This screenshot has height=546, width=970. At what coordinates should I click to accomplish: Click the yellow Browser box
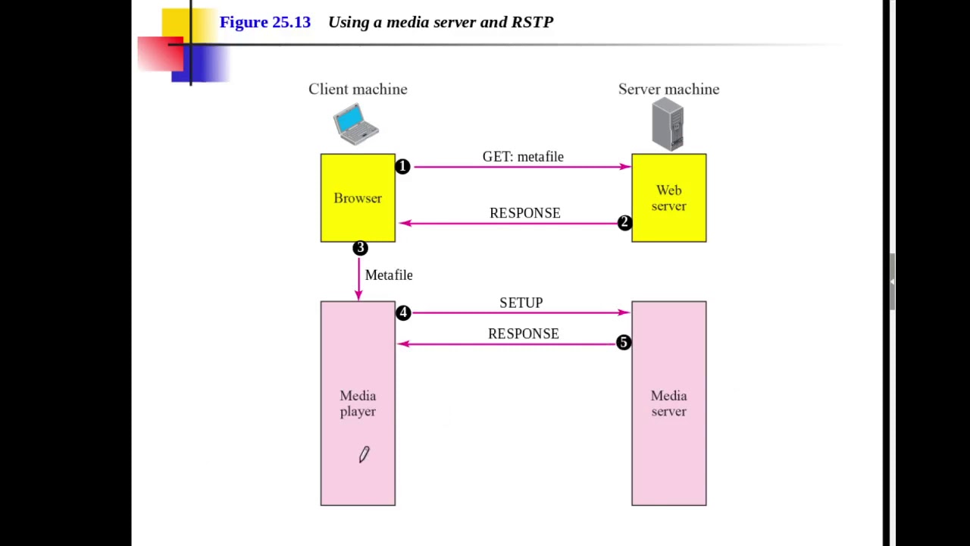(x=358, y=198)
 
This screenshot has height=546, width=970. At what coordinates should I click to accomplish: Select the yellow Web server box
(x=668, y=198)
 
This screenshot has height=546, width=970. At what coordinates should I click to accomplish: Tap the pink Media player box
(x=358, y=403)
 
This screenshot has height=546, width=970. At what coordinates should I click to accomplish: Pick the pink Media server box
(x=668, y=403)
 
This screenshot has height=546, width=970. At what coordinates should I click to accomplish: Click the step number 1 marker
(x=402, y=167)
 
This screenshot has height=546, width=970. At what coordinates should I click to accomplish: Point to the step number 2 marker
(x=624, y=223)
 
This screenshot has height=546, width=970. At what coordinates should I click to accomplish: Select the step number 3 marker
(x=360, y=248)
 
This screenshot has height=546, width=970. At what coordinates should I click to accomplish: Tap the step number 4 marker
(x=403, y=312)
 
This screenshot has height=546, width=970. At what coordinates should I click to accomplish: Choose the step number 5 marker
(x=623, y=343)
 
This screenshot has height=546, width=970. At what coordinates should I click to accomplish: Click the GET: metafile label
(x=523, y=157)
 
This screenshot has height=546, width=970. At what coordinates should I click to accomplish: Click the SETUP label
(x=521, y=303)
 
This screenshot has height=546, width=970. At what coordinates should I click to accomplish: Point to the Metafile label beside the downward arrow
(x=389, y=275)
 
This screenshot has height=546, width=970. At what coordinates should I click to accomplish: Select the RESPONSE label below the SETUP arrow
(x=523, y=334)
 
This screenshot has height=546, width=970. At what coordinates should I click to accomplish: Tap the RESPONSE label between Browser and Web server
(x=524, y=213)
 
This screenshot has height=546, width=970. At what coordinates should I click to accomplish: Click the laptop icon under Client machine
(x=355, y=124)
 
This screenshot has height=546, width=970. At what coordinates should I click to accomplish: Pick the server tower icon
(x=668, y=126)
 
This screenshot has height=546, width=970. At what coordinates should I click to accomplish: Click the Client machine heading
(x=358, y=89)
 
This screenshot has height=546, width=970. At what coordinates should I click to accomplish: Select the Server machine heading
(x=668, y=89)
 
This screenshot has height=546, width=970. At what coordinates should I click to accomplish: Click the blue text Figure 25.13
(x=265, y=22)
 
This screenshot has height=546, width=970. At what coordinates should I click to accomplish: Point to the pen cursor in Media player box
(x=364, y=454)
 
